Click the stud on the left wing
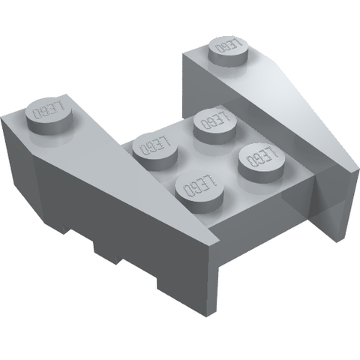pyautogui.click(x=49, y=116)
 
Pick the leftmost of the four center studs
pyautogui.click(x=155, y=152)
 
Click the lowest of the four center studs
pyautogui.click(x=199, y=193)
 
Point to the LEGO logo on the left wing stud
pyautogui.click(x=48, y=110)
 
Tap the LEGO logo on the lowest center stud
pyautogui.click(x=199, y=185)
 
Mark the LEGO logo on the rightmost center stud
pyautogui.click(x=262, y=156)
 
